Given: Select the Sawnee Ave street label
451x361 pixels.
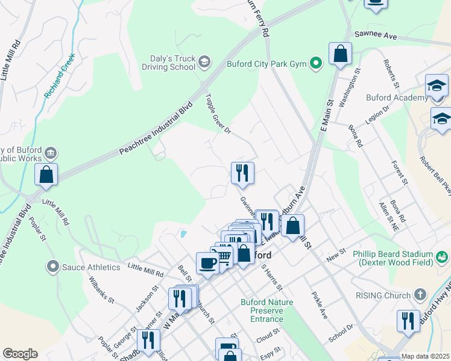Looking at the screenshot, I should (x=375, y=37).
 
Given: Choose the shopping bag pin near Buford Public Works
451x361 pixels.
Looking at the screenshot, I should (x=46, y=174).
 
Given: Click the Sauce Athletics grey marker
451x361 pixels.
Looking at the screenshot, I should (x=53, y=265).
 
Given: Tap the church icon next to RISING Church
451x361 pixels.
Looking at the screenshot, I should (x=420, y=295).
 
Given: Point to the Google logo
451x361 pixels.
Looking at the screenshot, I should (x=20, y=354).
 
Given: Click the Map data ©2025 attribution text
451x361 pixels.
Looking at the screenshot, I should (x=425, y=356).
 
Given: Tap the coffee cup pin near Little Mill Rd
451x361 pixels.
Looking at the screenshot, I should (x=207, y=263).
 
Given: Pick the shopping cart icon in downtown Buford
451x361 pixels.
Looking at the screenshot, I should (x=225, y=256).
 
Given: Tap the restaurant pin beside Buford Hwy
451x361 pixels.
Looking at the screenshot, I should (x=408, y=321).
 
